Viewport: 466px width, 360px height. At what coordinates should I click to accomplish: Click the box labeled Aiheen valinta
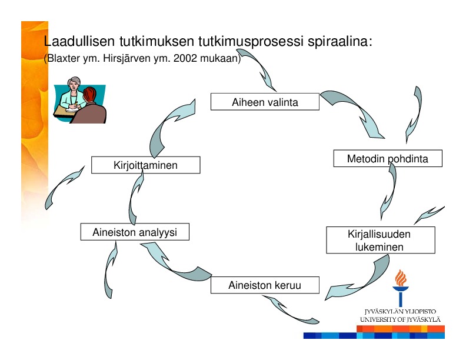[x=265, y=102]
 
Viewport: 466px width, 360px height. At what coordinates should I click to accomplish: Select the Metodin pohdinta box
[x=388, y=158]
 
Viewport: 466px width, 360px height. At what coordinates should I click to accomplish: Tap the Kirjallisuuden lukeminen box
[x=381, y=240]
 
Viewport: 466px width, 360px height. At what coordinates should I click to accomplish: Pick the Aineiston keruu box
[x=265, y=285]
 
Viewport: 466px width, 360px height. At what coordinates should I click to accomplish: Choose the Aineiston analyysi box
[x=135, y=232]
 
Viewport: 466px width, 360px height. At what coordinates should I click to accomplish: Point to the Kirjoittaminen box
[x=146, y=165]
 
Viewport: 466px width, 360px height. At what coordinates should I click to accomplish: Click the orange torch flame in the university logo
[x=401, y=278]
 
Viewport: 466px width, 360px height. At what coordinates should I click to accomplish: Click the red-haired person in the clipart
[x=89, y=107]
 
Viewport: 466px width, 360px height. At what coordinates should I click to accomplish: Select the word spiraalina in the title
[x=339, y=41]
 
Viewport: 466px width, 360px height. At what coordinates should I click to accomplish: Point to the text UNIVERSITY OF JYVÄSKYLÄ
[x=400, y=319]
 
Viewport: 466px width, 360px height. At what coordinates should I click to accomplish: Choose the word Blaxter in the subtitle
[x=64, y=58]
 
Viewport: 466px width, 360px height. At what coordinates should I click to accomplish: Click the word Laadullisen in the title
[x=79, y=41]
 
